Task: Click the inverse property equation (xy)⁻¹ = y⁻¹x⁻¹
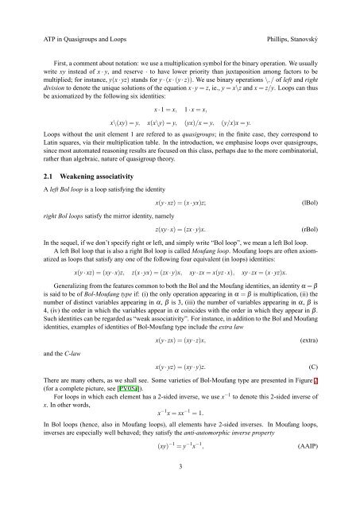pos(179,469)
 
